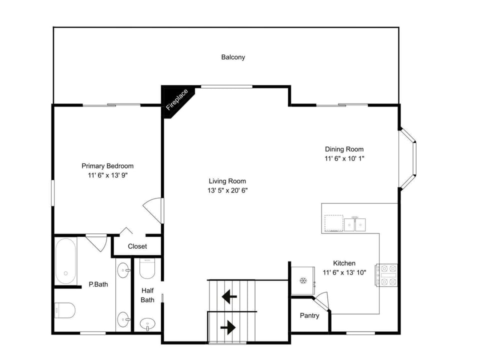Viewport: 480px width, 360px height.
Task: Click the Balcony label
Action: tap(233, 57)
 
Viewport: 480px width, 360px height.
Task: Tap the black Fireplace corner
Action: tap(175, 100)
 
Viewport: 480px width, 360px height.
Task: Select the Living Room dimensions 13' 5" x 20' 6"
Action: tap(227, 190)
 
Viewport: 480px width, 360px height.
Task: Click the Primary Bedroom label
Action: tap(107, 166)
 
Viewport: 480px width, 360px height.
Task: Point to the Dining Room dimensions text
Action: tap(344, 158)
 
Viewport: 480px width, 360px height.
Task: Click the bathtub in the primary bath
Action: tap(66, 261)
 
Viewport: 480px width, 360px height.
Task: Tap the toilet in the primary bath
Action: tap(64, 310)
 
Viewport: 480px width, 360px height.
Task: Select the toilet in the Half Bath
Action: tap(147, 268)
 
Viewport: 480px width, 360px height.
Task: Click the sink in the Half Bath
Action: tap(147, 324)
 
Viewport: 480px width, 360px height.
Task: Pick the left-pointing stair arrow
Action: tap(229, 296)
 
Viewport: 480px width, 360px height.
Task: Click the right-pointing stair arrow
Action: tap(228, 328)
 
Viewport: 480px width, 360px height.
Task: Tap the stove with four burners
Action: tap(386, 275)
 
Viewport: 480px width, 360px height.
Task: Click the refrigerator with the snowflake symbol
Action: tap(303, 280)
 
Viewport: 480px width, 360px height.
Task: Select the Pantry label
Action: tap(309, 315)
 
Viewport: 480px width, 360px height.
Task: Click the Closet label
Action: tap(137, 246)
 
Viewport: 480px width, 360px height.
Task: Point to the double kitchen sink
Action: tap(355, 224)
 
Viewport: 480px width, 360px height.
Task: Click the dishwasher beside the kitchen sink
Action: tap(333, 223)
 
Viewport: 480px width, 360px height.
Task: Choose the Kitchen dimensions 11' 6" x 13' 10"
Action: tap(344, 272)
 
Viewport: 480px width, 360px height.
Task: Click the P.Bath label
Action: tap(98, 284)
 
